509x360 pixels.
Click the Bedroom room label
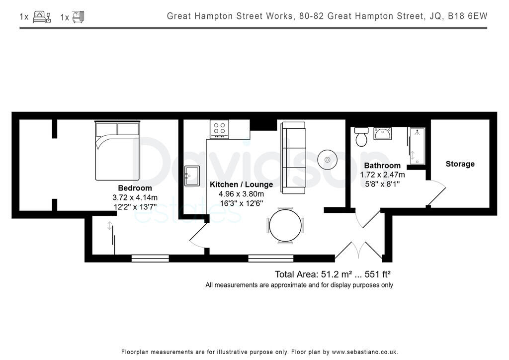tap(135, 188)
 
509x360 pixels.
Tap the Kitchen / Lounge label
tap(241, 184)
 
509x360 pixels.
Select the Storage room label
tap(460, 164)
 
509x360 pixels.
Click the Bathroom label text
tap(382, 166)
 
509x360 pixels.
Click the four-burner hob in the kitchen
tap(219, 129)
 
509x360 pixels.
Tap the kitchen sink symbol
tap(192, 176)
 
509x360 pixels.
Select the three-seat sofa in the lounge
tap(293, 158)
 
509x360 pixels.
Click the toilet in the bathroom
tap(361, 136)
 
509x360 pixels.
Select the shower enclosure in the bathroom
tap(417, 145)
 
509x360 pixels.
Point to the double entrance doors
tap(359, 250)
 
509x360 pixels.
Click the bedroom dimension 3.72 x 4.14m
tap(135, 197)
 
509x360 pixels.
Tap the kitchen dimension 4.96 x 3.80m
tap(241, 194)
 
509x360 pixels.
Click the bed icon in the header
tap(42, 17)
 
